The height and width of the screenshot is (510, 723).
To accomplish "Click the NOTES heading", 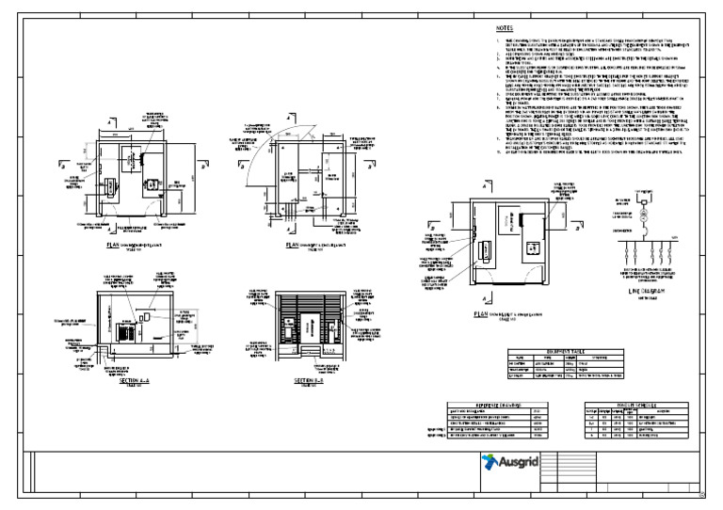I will point(505,29).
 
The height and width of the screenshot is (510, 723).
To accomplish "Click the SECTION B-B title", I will point(309,380).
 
